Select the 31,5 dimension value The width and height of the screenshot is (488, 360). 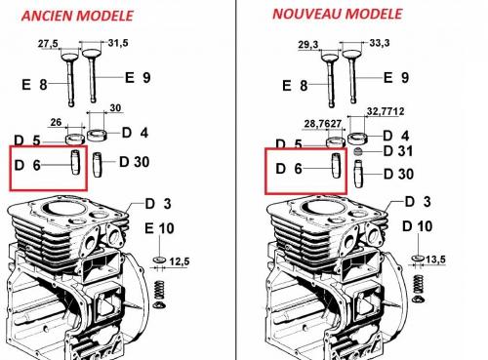coord(117,43)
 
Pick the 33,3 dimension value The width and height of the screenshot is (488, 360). coord(364,44)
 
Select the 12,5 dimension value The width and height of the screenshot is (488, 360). coord(179,260)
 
